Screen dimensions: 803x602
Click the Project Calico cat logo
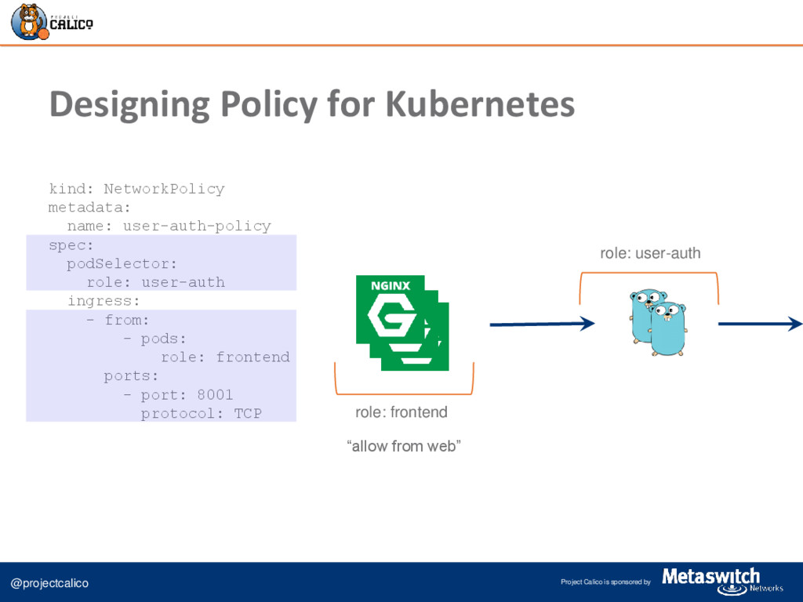pos(28,21)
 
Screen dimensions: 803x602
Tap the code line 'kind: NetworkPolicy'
pos(136,189)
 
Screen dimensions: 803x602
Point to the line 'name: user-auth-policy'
pos(169,227)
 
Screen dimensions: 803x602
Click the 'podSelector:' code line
pos(122,263)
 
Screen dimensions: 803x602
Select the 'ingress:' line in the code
pos(104,301)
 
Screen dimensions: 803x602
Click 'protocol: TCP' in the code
pos(201,413)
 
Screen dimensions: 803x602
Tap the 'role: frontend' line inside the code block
pos(225,357)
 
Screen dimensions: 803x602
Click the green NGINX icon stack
pos(401,321)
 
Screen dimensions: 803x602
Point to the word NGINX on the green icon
pos(390,287)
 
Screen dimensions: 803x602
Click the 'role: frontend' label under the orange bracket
pos(401,412)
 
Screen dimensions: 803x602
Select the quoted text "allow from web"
pos(404,447)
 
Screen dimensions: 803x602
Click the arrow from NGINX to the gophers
pos(542,323)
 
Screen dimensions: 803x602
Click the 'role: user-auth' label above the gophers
pos(650,253)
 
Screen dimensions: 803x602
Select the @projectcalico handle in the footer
pos(49,583)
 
